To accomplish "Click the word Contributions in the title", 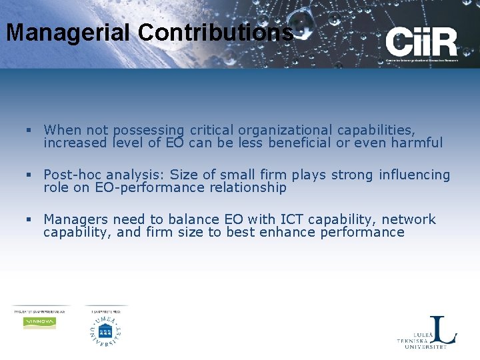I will (x=211, y=32).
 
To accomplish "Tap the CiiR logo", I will (x=421, y=45).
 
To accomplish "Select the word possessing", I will (x=149, y=130).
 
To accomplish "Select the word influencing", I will (x=415, y=175).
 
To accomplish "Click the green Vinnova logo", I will (x=39, y=322).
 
